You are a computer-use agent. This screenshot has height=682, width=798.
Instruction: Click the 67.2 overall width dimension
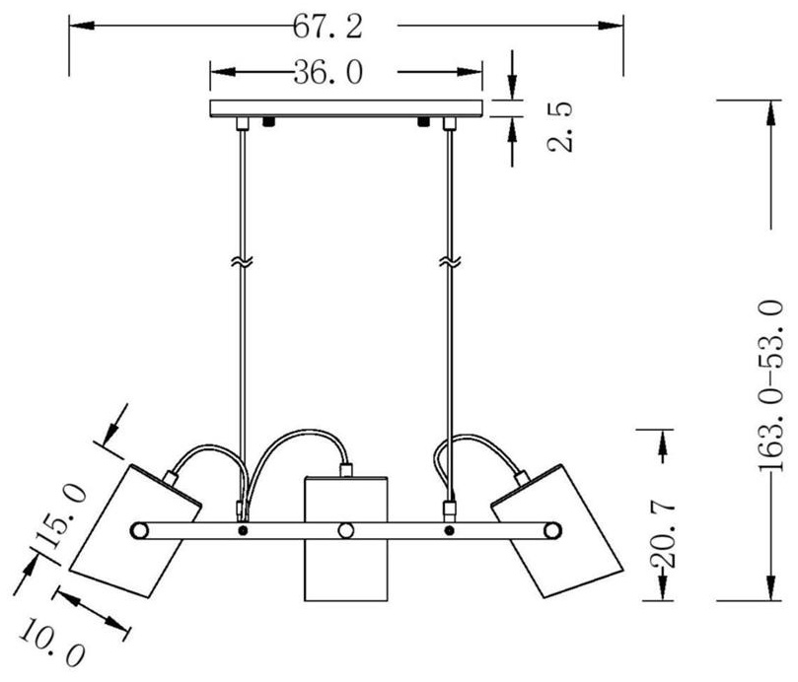pos(327,27)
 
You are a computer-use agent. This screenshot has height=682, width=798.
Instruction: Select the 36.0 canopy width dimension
pos(328,72)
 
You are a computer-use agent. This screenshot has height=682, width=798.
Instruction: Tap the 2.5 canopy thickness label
pos(560,126)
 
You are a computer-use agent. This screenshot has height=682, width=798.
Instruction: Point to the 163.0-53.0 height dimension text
pos(771,386)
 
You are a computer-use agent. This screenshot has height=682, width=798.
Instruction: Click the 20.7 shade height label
pos(663,535)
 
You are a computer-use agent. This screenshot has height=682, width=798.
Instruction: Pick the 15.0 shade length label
pos(61,515)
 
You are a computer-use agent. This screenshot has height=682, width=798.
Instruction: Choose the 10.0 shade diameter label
pos(51,642)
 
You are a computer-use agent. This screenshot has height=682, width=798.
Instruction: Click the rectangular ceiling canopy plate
pos(346,108)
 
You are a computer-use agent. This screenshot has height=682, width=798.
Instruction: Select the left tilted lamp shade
pos(136,530)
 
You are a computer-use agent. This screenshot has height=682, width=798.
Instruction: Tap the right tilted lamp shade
pos(556,530)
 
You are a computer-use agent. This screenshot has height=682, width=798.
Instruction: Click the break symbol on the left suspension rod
pos(243,262)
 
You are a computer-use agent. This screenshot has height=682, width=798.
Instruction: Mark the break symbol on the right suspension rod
pos(450,262)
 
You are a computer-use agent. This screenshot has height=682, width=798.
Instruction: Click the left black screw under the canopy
pos(268,122)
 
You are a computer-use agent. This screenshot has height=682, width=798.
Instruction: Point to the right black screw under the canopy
pos(423,122)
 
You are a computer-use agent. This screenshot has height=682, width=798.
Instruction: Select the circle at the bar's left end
pos(139,530)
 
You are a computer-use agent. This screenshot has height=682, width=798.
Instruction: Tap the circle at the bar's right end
pos(552,530)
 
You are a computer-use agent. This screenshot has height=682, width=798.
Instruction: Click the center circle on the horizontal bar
pos(346,530)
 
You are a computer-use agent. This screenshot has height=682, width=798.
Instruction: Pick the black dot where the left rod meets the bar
pos(243,530)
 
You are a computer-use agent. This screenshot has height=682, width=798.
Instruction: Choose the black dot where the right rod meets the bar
pos(449,530)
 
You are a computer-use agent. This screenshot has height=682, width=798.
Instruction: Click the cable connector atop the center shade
pos(346,470)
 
